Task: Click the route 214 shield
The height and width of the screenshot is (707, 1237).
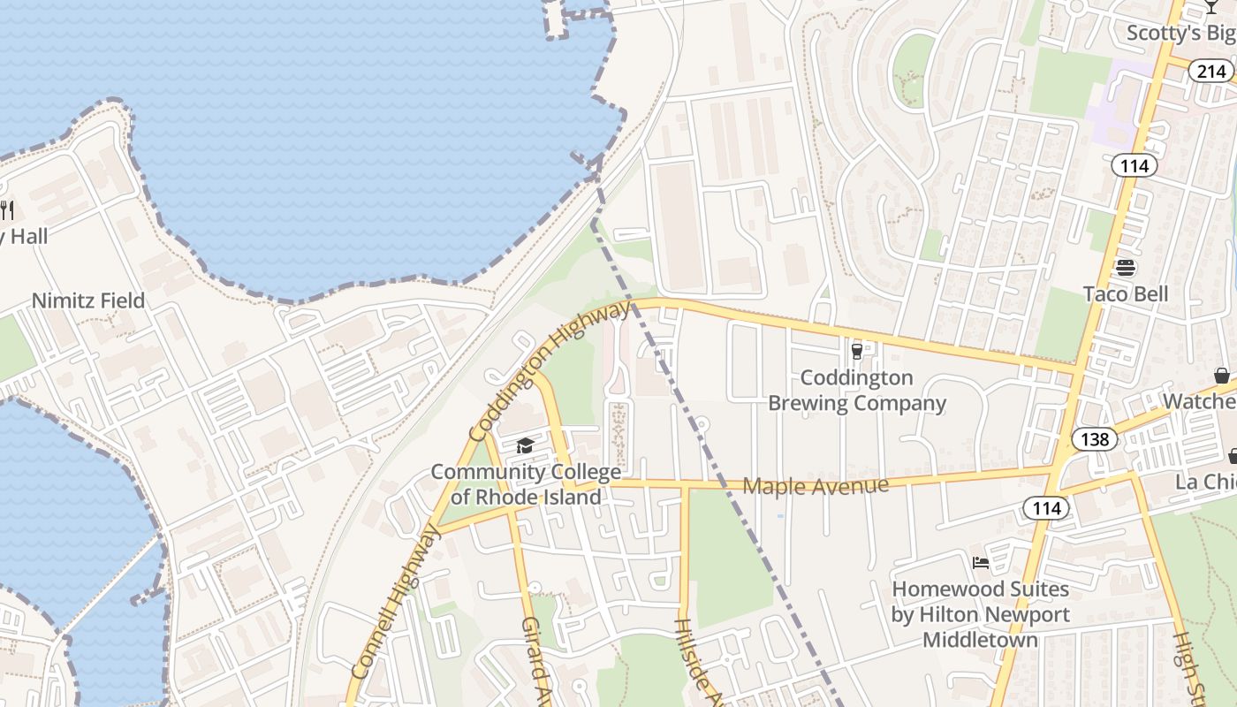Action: point(1210,71)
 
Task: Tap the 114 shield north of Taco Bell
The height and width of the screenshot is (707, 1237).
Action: point(1134,165)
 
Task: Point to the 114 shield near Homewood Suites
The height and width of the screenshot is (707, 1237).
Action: point(1046,507)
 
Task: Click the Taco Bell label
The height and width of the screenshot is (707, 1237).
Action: point(1125,294)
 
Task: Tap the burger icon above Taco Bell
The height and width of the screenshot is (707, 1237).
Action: point(1125,267)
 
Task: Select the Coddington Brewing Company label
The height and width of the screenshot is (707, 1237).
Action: point(856,391)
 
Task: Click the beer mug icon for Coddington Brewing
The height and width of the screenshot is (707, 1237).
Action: point(856,352)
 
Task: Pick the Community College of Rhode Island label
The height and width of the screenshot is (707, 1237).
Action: point(526,484)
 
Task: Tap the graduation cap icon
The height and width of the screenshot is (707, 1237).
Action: point(526,445)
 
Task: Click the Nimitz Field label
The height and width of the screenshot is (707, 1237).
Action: point(88,300)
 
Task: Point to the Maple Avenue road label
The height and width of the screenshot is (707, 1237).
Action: point(815,485)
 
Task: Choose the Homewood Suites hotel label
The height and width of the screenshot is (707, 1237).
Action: point(980,614)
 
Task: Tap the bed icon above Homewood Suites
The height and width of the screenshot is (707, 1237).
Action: point(980,562)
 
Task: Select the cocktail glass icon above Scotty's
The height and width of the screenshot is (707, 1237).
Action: point(1211,7)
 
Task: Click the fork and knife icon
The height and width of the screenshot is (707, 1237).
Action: point(6,209)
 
